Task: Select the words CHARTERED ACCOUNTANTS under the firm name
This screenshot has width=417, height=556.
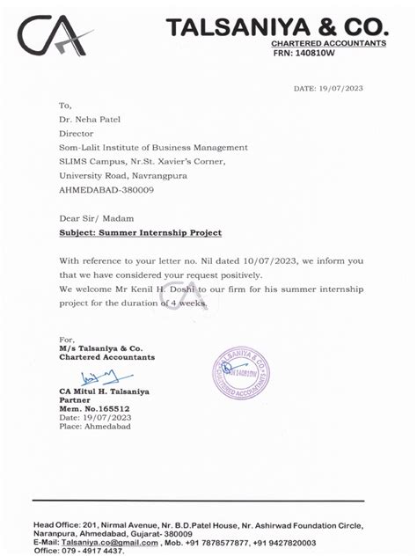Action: coord(328,43)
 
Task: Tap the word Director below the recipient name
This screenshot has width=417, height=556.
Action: coord(77,133)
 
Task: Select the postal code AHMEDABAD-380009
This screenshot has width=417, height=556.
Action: coord(106,189)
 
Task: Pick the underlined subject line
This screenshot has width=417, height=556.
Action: coord(140,232)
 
